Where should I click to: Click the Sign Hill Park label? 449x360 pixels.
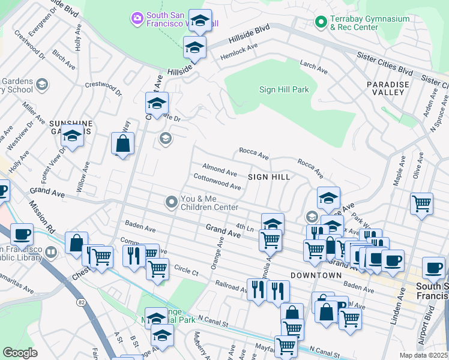coord(283,89)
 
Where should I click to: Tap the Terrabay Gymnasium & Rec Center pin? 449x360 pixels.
coord(321,23)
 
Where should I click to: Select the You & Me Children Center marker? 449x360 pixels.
coord(172,203)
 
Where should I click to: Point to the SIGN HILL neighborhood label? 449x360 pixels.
coord(270,177)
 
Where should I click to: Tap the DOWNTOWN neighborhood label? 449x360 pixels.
coord(316,275)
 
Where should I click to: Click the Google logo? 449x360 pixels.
coord(20,352)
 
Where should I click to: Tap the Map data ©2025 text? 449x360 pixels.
coord(423,355)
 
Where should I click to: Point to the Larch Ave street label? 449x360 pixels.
coord(313,67)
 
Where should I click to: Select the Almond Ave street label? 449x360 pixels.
coord(220,171)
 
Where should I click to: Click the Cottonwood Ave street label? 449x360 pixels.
coord(217,182)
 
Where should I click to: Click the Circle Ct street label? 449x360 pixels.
coord(185,271)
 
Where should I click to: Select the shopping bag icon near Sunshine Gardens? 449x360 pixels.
coord(122,144)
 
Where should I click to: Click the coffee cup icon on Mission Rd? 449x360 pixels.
coord(22,234)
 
